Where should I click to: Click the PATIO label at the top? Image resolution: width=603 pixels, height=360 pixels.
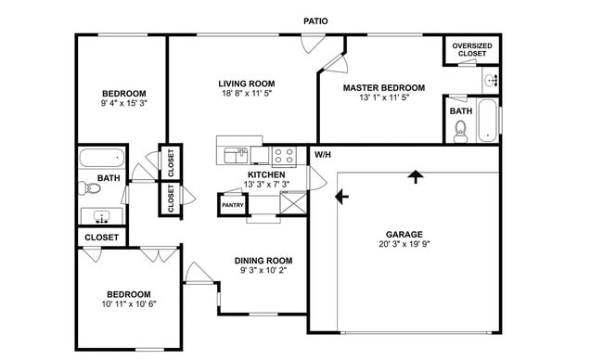tap(315, 20)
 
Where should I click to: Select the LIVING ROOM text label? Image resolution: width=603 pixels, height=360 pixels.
tap(247, 84)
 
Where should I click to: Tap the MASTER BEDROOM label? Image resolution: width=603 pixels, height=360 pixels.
tap(377, 88)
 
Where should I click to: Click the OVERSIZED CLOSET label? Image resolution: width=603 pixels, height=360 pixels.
tap(472, 50)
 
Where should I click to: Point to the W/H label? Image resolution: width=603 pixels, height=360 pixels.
tap(323, 154)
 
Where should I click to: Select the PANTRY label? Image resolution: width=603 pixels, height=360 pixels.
tap(232, 204)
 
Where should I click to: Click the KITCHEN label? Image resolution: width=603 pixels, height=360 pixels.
tap(266, 174)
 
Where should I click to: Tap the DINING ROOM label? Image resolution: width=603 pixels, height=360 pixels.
tap(266, 261)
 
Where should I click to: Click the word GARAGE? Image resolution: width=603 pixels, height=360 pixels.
tap(404, 235)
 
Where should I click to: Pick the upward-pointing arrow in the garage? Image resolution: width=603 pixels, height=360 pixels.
tap(415, 175)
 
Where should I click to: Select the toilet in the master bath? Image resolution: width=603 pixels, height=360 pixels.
tap(461, 132)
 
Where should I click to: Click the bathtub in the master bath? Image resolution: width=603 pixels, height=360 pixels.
tap(487, 121)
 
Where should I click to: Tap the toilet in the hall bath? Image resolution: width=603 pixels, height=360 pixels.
tap(90, 189)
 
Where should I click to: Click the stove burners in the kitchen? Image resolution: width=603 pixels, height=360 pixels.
tap(284, 155)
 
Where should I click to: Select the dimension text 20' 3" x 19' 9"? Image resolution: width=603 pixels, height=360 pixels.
tap(404, 246)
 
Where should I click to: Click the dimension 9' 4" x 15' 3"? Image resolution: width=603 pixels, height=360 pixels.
tap(123, 104)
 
